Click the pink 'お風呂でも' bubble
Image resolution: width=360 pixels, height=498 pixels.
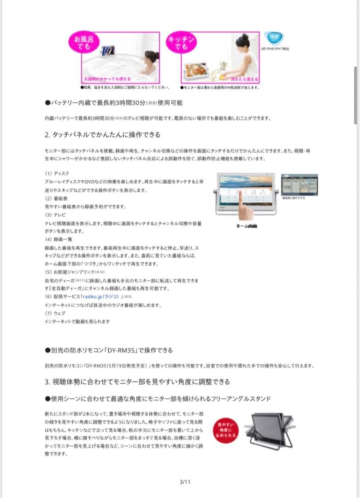pyautogui.click(x=83, y=42)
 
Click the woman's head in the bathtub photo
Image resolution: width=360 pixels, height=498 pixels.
pyautogui.click(x=151, y=57)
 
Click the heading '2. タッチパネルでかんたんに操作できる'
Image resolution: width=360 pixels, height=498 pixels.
pyautogui.click(x=102, y=135)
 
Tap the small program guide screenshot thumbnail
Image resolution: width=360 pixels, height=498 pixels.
pyautogui.click(x=299, y=184)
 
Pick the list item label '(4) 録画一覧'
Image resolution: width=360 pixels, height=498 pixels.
pyautogui.click(x=58, y=240)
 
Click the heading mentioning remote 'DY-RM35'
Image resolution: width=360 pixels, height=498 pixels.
pyautogui.click(x=109, y=350)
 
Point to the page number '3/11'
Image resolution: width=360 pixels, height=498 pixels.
pyautogui.click(x=185, y=482)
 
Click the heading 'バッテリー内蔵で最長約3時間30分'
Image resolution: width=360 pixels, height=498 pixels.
pyautogui.click(x=113, y=102)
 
